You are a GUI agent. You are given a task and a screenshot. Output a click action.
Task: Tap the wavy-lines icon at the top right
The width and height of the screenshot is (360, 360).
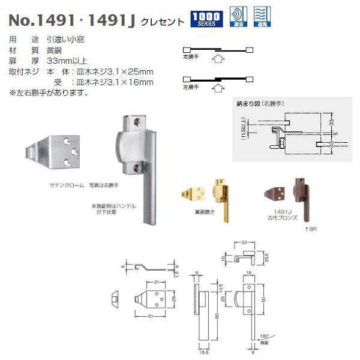pyautogui.click(x=262, y=17)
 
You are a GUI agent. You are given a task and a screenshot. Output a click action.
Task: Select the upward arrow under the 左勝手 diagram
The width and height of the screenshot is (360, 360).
pyautogui.click(x=218, y=88)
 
